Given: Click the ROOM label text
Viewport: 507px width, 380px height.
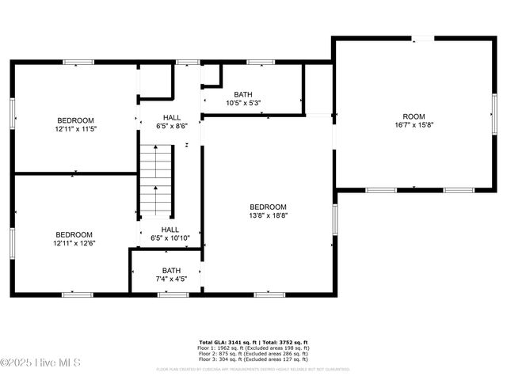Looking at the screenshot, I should [414, 116].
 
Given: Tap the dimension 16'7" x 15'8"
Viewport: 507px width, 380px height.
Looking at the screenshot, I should [414, 125].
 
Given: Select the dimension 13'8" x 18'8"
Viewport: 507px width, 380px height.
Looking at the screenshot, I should [268, 215].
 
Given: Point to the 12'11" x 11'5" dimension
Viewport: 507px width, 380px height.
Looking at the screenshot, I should [76, 128].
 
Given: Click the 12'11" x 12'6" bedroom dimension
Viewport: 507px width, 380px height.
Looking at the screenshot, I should [74, 243].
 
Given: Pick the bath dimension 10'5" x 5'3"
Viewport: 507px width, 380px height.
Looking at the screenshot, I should [243, 103].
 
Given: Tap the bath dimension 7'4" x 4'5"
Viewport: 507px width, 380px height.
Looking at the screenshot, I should [171, 279].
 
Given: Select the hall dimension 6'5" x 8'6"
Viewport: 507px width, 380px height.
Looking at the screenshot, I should [171, 126].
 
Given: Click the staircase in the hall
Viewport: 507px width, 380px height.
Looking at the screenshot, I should [157, 180].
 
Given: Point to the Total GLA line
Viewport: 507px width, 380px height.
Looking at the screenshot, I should [253, 341].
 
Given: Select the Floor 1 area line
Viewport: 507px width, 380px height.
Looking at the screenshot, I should [253, 348].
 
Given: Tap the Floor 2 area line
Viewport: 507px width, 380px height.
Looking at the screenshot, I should [253, 353].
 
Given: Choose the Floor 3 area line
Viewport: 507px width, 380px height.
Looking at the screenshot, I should [253, 359].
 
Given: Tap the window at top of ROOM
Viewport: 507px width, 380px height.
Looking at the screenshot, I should [425, 37].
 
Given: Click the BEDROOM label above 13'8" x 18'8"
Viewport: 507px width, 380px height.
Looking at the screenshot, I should [268, 207].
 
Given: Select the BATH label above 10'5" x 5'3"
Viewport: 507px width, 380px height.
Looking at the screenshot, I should [243, 94].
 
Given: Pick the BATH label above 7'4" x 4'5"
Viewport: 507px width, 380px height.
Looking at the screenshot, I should [171, 270].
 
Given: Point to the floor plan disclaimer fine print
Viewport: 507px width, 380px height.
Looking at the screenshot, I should [253, 369].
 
